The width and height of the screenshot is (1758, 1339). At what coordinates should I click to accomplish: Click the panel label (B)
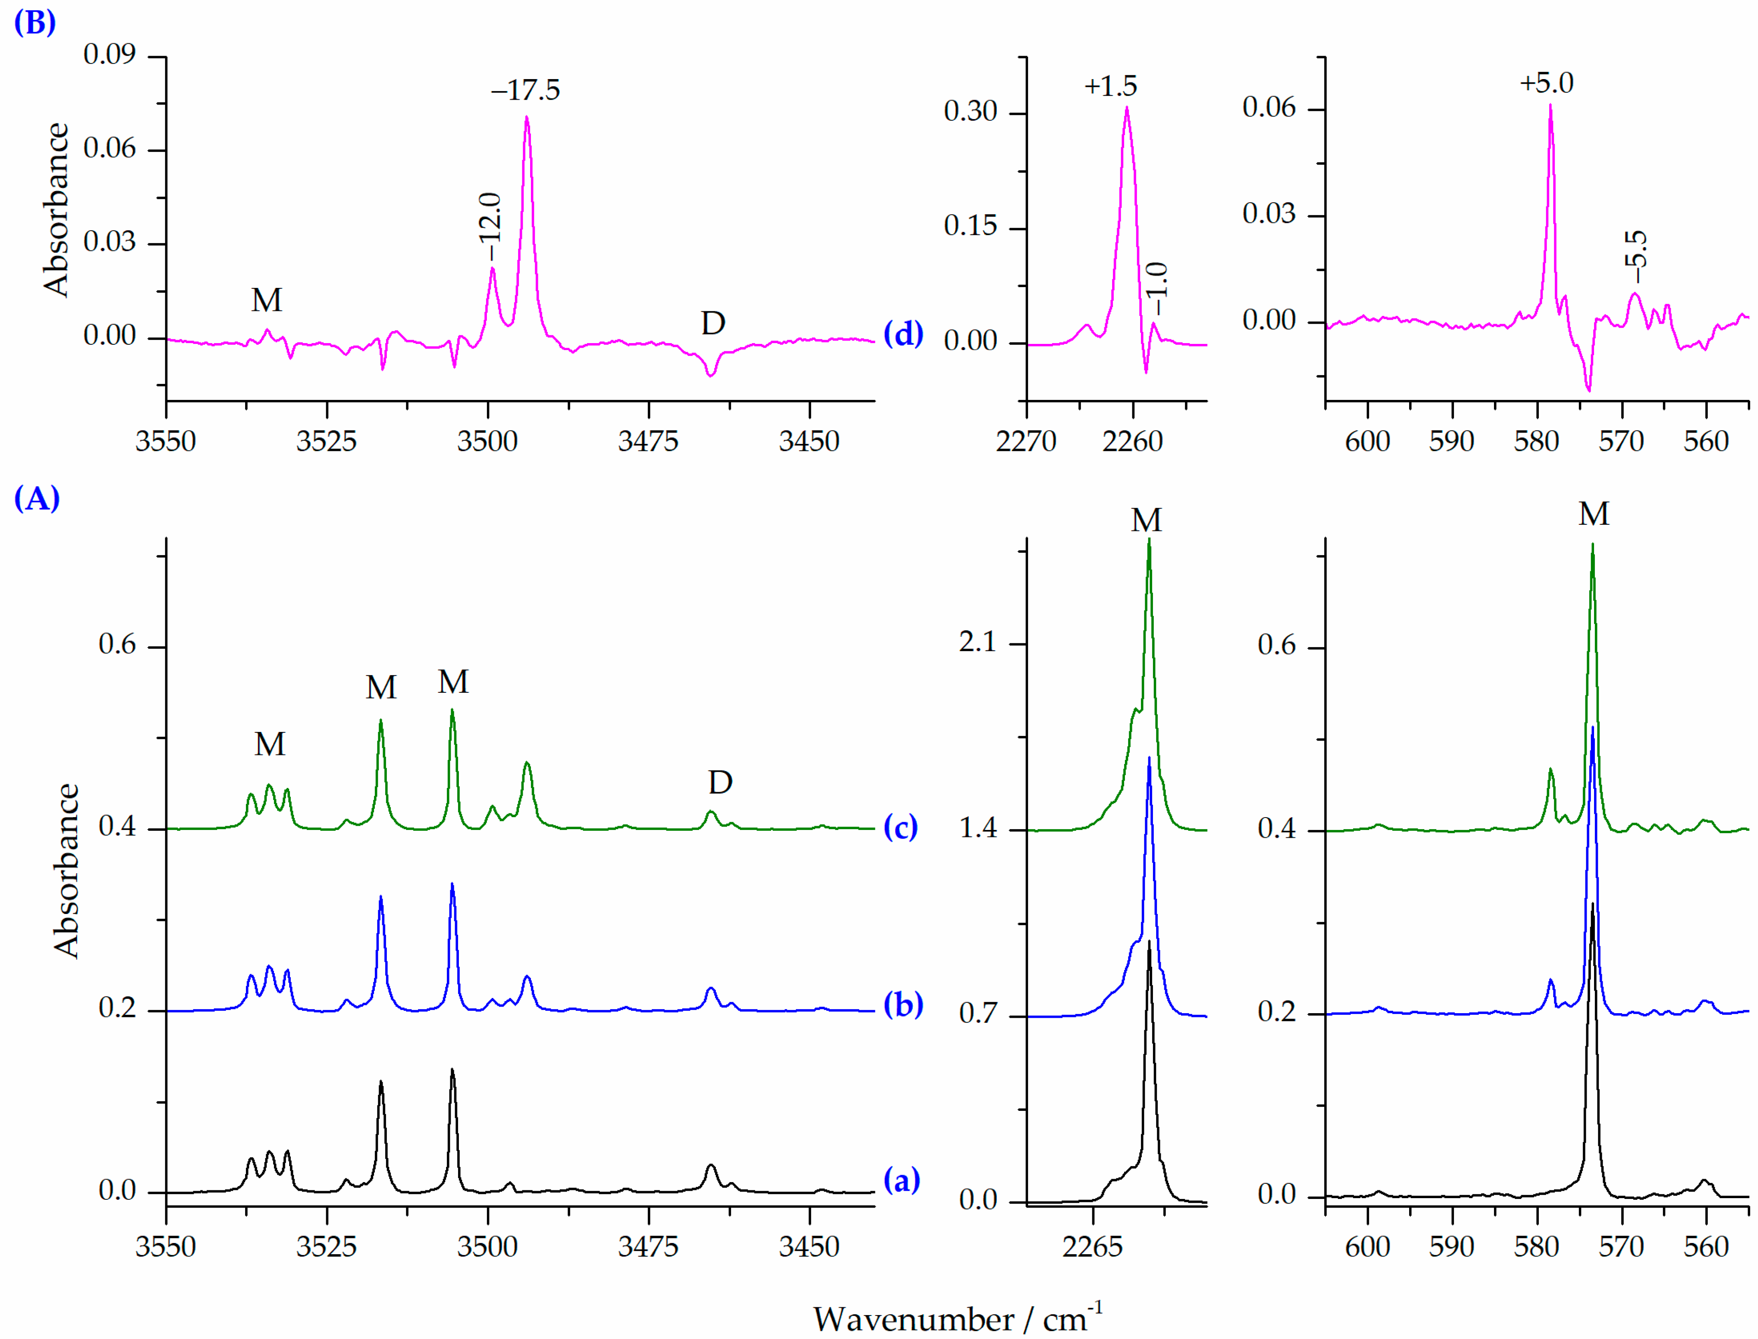click(35, 22)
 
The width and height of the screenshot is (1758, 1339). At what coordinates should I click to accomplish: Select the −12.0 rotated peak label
click(489, 227)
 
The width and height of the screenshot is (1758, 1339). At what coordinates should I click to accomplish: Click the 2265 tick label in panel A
click(1092, 1246)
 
